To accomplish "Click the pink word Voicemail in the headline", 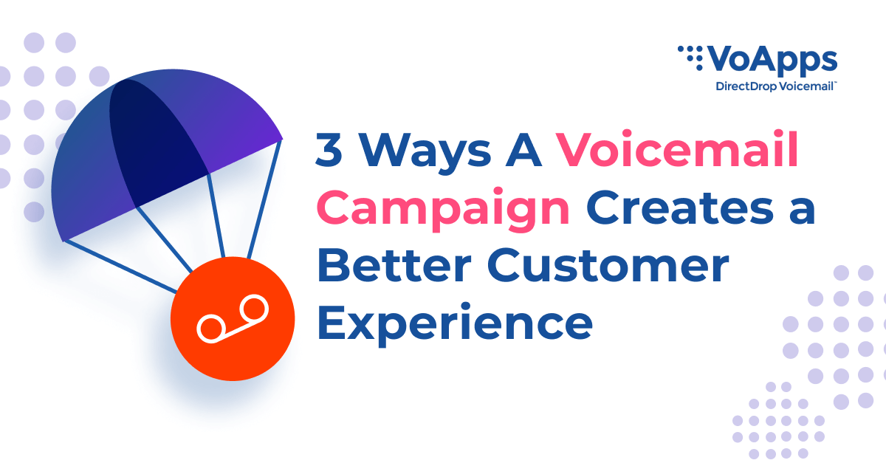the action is click(x=677, y=149).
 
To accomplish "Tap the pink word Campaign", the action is click(x=443, y=210).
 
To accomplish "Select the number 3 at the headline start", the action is click(x=329, y=150).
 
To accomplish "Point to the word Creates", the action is click(x=679, y=208).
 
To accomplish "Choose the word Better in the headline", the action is click(x=394, y=265).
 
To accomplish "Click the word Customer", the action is click(x=608, y=265).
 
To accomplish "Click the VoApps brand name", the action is click(x=772, y=61).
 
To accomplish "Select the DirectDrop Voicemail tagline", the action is click(x=776, y=86).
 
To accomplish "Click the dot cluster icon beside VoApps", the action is click(x=690, y=58).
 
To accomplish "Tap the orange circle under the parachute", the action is click(x=233, y=318).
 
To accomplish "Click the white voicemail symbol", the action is click(x=233, y=318).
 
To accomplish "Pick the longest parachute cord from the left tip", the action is click(x=120, y=267).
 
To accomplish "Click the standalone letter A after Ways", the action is click(x=523, y=150).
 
